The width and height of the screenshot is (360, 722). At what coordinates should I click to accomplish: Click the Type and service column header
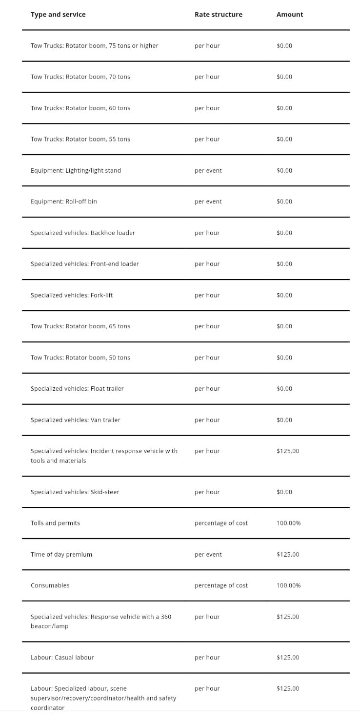(58, 15)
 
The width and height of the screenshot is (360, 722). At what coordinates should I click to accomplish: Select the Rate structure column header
(218, 15)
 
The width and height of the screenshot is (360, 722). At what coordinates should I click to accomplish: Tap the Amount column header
(290, 15)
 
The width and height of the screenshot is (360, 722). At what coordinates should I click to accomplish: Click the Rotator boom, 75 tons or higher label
(94, 46)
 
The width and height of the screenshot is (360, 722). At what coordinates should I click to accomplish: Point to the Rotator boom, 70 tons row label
(80, 77)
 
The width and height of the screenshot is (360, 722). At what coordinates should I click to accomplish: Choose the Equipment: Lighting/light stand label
(76, 171)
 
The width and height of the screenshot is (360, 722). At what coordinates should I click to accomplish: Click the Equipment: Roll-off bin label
(64, 201)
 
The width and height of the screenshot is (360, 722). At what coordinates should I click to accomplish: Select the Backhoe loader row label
(83, 233)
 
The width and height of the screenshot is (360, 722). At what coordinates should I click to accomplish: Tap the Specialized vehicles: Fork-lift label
(72, 295)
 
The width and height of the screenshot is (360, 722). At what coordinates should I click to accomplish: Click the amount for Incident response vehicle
(288, 451)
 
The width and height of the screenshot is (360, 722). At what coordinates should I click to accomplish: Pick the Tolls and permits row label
(55, 523)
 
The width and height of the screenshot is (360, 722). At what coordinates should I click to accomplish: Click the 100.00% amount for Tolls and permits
(288, 523)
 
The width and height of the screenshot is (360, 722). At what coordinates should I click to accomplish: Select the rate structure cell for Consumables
(221, 585)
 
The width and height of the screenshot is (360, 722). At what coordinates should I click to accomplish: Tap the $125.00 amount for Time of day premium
(288, 555)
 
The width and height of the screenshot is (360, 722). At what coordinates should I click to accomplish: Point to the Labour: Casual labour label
(62, 658)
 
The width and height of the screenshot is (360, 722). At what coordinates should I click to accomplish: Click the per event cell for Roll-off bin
(208, 201)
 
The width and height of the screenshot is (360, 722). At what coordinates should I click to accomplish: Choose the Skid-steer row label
(75, 492)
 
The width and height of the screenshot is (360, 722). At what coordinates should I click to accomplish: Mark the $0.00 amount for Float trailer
(284, 389)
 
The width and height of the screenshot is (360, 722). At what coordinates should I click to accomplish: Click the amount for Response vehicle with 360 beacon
(288, 617)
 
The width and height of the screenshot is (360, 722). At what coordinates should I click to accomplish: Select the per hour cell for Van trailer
(207, 420)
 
